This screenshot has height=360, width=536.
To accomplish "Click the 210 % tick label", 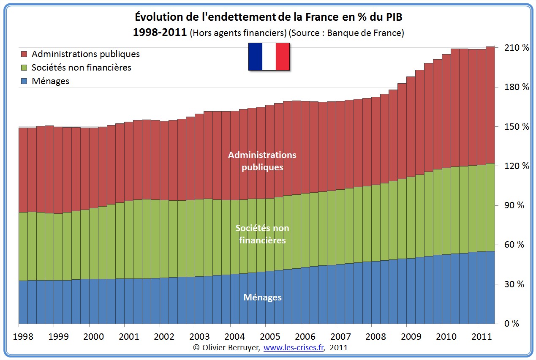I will click(x=516, y=48).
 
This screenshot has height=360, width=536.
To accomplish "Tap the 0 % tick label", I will click(x=512, y=324).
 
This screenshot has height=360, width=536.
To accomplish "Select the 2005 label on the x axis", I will click(x=270, y=336).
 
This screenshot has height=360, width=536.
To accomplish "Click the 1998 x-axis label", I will click(x=24, y=336).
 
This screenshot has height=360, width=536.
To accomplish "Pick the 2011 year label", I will click(x=482, y=336).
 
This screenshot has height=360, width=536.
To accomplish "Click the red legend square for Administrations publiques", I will click(x=24, y=54).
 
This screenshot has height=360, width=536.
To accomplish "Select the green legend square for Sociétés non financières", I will click(x=24, y=68).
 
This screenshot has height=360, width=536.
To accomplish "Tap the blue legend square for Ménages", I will click(x=24, y=81).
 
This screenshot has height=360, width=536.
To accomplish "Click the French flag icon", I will click(x=269, y=56).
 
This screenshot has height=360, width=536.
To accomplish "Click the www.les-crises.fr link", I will click(x=294, y=348).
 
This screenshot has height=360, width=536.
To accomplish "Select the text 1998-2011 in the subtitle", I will click(x=160, y=33).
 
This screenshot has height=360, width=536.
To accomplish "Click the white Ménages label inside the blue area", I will click(x=262, y=297).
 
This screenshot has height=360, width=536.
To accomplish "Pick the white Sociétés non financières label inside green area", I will click(x=262, y=234).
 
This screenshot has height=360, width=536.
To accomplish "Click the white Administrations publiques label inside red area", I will click(x=262, y=161).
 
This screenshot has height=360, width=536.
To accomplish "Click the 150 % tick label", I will click(x=516, y=127).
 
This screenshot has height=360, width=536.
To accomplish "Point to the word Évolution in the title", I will click(x=155, y=17).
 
